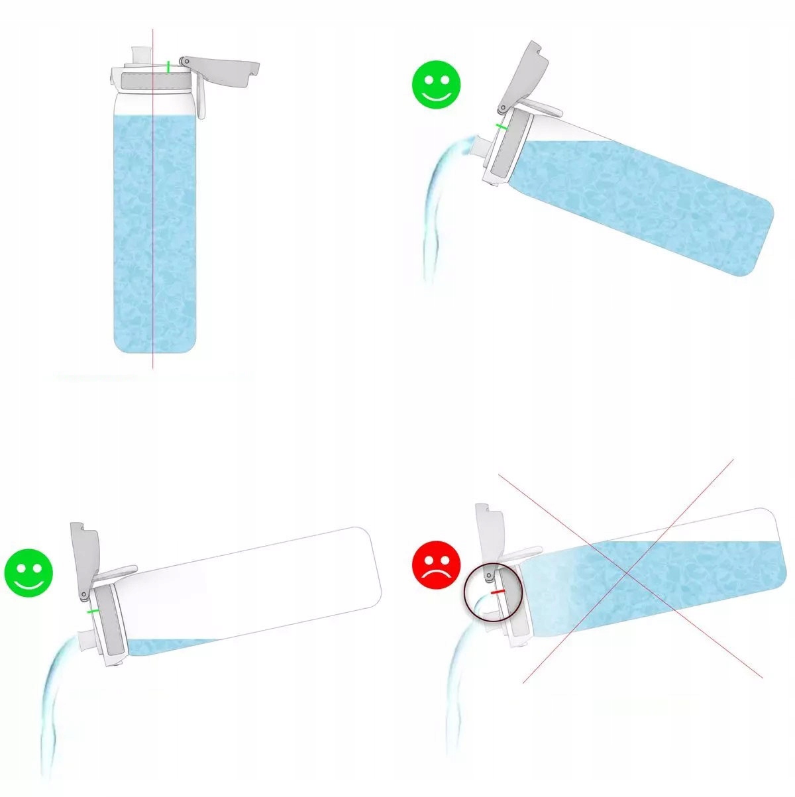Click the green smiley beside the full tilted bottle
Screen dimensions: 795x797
tap(437, 85)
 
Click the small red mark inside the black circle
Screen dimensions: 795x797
tap(498, 590)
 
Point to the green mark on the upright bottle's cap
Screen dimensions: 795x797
tap(168, 66)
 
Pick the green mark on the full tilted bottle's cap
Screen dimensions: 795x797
tap(502, 126)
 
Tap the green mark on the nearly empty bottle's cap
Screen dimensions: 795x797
tap(93, 611)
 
